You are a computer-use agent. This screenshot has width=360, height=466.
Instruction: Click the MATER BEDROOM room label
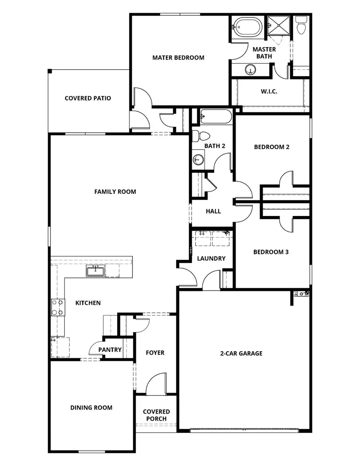(x=178, y=58)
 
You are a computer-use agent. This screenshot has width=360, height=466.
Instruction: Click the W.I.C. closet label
(x=269, y=92)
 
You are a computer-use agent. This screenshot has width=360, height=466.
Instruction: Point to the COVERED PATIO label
(x=88, y=98)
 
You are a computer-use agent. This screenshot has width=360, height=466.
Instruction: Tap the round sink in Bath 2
(x=198, y=160)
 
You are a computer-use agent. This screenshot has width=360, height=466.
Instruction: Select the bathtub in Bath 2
(x=216, y=117)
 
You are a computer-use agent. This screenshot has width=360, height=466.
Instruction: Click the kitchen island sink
(x=95, y=271)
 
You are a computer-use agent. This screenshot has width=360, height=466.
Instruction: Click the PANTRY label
(x=110, y=350)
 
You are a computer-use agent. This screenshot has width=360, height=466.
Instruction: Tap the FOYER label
(x=155, y=353)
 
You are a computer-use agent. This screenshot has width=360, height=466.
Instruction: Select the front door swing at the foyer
(x=155, y=384)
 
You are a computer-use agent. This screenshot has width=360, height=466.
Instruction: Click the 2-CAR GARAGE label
(x=241, y=353)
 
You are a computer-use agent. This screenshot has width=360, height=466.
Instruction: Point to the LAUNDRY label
(x=211, y=258)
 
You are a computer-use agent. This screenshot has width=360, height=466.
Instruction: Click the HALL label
(x=213, y=211)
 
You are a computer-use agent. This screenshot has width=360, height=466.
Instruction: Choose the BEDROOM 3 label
(x=271, y=252)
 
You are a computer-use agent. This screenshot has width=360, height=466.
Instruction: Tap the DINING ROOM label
(x=91, y=408)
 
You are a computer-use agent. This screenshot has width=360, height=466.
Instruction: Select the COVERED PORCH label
(x=156, y=415)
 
